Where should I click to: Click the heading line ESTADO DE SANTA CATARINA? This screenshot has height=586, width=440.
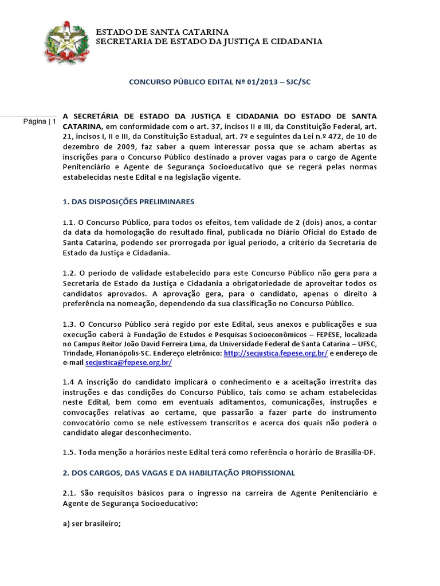coord(162,32)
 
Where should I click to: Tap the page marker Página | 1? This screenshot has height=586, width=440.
coord(40,121)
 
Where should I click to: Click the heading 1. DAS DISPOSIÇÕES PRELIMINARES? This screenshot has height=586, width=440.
coord(128,201)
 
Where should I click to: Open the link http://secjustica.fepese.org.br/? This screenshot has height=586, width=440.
coord(276,354)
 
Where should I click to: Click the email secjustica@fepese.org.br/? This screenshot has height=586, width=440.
coord(128,363)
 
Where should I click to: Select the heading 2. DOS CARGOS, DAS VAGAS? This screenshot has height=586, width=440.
coord(179,473)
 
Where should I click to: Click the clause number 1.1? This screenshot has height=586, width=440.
coord(69,222)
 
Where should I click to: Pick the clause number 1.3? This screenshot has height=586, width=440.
coord(69,323)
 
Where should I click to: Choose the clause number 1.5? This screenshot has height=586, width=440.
coord(69,452)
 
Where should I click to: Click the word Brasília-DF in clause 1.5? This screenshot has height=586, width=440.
coord(354,452)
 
